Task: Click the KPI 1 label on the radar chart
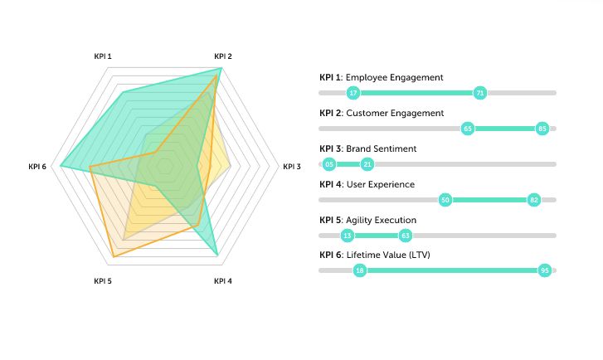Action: [x=103, y=56]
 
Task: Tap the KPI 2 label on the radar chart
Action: [x=223, y=56]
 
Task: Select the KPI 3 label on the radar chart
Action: [x=292, y=167]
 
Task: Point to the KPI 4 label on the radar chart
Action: [x=223, y=281]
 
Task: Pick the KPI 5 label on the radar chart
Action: [x=103, y=281]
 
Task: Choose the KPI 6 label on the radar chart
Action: [x=37, y=167]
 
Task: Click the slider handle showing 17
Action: [x=354, y=93]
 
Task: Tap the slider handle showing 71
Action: [x=479, y=93]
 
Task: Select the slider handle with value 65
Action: [x=468, y=129]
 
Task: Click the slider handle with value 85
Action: [x=542, y=129]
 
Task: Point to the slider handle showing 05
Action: [x=330, y=164]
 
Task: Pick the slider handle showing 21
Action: [x=367, y=164]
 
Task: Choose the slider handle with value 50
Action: [x=445, y=200]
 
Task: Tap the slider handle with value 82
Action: [x=533, y=200]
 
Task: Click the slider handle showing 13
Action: [x=348, y=236]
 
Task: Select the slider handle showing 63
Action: [x=405, y=236]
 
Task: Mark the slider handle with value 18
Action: [x=359, y=270]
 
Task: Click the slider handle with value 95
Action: [x=545, y=270]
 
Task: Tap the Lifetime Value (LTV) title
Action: [x=388, y=255]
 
